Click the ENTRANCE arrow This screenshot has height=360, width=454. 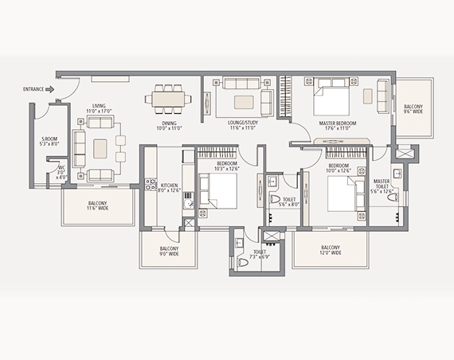(50, 89)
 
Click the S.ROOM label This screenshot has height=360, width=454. (50, 142)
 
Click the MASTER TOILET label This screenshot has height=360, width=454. (387, 186)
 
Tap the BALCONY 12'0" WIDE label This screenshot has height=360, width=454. (331, 250)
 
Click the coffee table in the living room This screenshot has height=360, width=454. (100, 148)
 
